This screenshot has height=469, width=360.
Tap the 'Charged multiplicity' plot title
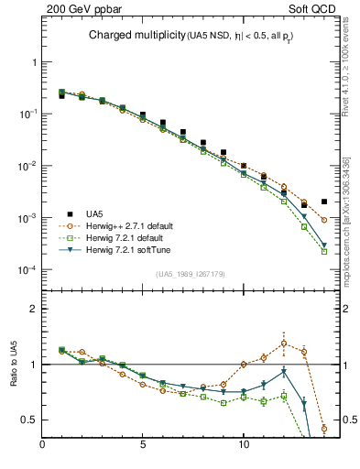pos(137,36)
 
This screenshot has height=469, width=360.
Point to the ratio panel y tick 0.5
pos(27,420)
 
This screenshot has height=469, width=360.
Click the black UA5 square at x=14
pos(324,202)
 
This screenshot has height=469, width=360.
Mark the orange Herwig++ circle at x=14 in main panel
pos(324,220)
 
